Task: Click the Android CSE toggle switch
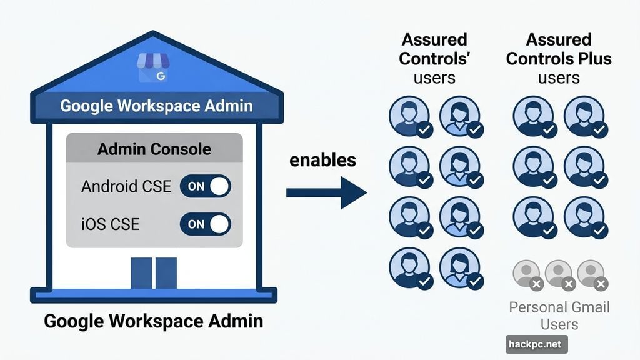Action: pos(205,186)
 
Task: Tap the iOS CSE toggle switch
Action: pos(205,224)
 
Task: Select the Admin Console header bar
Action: pos(154,149)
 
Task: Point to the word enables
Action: pos(322,160)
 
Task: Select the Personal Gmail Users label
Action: pos(559,316)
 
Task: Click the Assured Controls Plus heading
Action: pos(559,58)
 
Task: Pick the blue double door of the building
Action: pos(154,273)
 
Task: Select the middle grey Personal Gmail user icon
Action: pos(559,273)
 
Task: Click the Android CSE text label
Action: pos(126,186)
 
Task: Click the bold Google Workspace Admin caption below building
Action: pos(154,322)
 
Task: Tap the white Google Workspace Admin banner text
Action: pos(156,105)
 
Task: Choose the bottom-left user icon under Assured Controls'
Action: pos(409,267)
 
